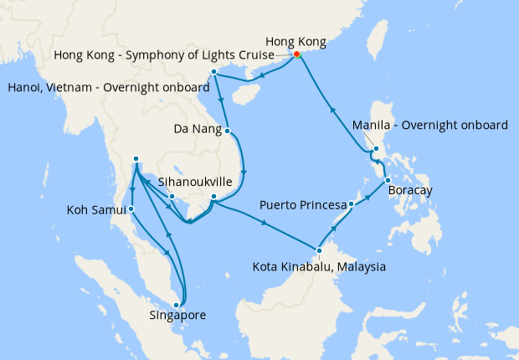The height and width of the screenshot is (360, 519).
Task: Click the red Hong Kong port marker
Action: click(296, 56)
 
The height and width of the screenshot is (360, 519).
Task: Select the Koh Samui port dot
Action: click(130, 209)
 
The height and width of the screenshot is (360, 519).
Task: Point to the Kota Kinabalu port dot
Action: click(318, 249)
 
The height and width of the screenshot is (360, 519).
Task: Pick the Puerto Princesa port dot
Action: click(352, 204)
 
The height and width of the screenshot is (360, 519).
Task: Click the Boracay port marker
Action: click(388, 182)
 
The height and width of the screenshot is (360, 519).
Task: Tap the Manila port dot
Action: click(377, 150)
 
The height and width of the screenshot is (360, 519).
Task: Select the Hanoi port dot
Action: click(214, 73)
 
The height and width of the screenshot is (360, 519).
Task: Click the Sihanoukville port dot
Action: click(172, 198)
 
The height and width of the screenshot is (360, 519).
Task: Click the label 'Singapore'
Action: click(177, 316)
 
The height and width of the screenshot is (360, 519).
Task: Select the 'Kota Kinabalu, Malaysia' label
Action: click(319, 267)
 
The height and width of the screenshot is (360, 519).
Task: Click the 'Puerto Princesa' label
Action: click(303, 204)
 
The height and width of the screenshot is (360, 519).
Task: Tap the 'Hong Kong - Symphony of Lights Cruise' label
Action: click(163, 55)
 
